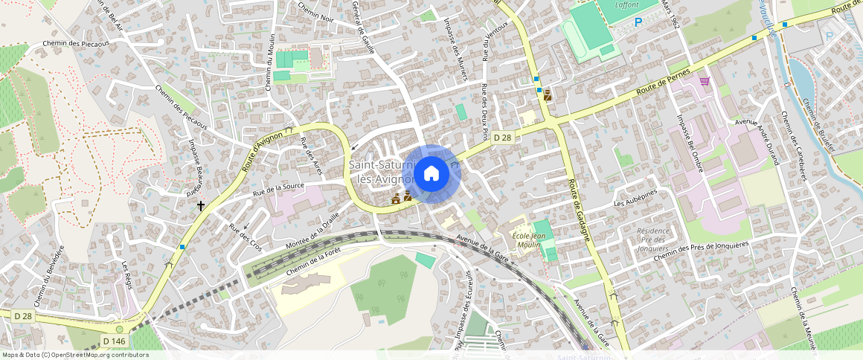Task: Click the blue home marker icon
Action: coord(431,174)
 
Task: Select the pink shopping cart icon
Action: coord(705,81)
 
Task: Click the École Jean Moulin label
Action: coord(529,240)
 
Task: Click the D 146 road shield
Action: coord(114,341)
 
